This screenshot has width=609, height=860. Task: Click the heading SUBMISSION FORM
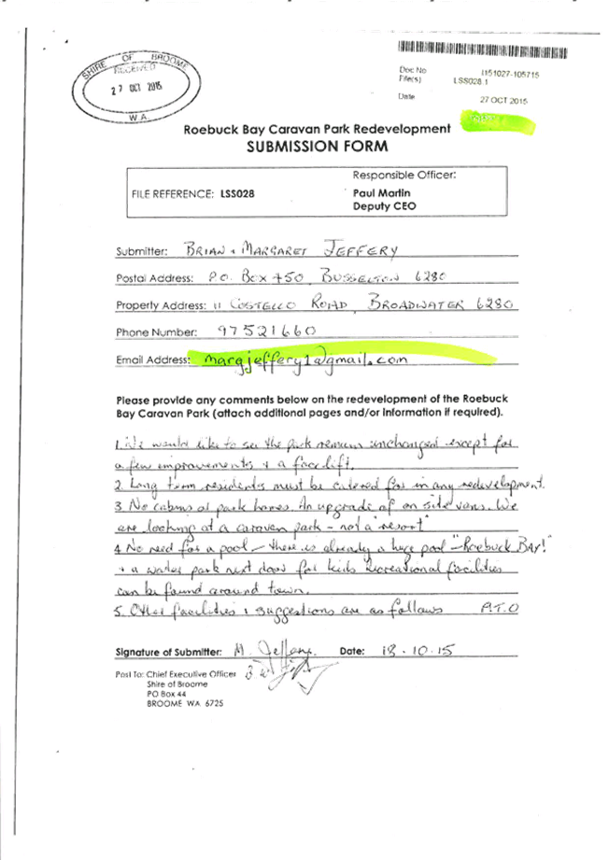point(318,147)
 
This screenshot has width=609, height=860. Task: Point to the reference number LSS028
point(237,193)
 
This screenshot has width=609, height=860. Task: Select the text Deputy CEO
point(371,205)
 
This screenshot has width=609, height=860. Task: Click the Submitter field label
point(140,252)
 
